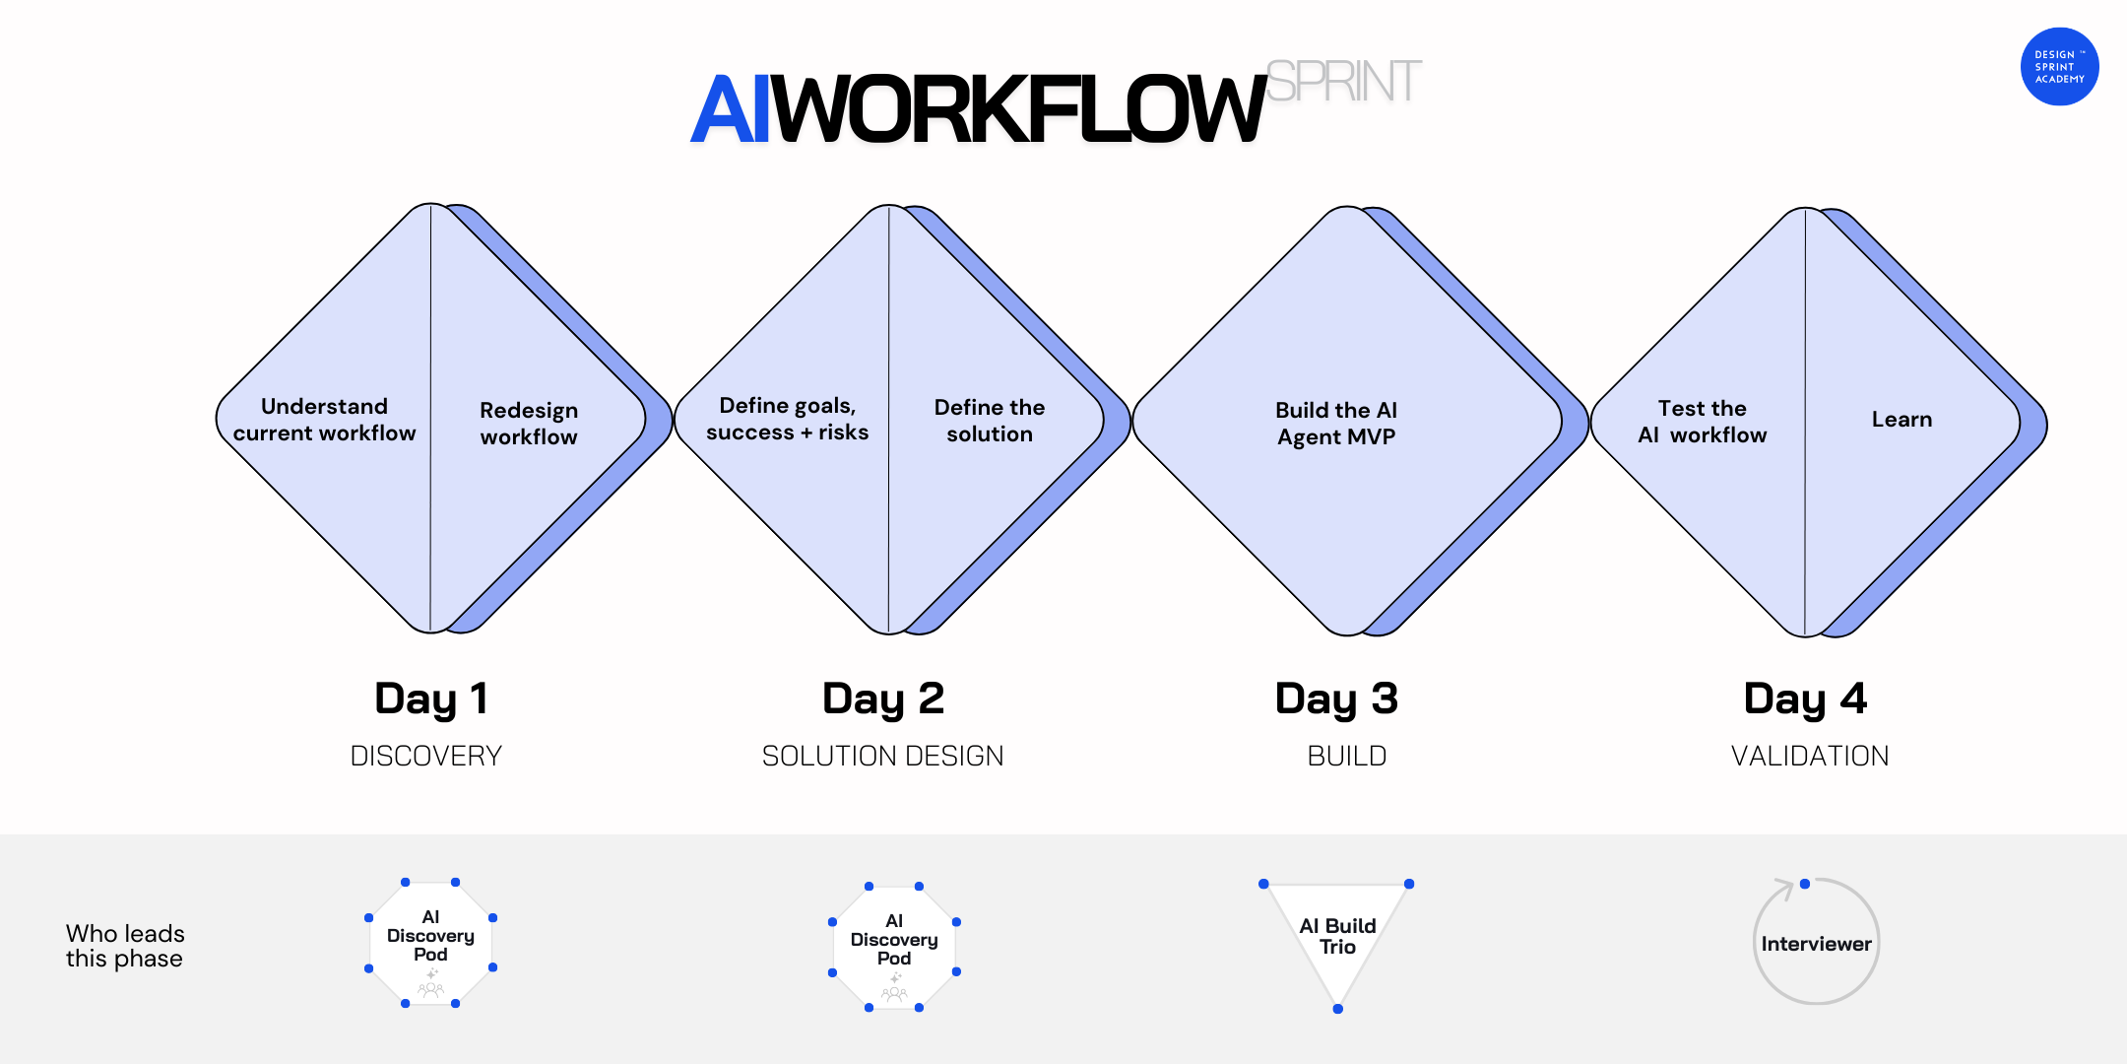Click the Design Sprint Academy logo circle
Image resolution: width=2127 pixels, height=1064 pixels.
2059,67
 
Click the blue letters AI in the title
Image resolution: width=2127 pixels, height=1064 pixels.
730,109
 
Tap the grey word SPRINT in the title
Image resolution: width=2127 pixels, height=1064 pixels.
1343,82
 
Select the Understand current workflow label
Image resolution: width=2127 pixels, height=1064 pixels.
324,420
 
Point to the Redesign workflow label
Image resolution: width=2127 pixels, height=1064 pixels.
529,424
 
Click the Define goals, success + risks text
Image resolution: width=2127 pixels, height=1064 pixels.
787,419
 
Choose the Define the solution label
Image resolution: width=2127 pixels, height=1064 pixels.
990,421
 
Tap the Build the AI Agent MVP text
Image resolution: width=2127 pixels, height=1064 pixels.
1336,424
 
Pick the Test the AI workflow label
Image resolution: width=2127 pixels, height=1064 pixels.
1702,422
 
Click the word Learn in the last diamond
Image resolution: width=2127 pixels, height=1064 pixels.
1901,420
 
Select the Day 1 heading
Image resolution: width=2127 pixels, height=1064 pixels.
431,698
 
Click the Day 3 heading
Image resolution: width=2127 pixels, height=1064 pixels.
1336,698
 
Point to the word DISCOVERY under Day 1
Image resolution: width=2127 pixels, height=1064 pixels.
426,756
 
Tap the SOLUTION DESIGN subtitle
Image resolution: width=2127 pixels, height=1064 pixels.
882,756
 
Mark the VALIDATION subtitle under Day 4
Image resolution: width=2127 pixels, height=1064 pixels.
1810,756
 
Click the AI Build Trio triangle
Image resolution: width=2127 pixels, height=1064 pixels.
1337,936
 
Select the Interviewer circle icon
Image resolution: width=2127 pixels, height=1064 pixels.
1816,943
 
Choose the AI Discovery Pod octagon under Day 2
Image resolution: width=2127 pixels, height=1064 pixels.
894,946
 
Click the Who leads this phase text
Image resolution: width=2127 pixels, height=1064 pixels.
125,946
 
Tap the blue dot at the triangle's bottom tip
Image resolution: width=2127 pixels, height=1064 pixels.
1337,1009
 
